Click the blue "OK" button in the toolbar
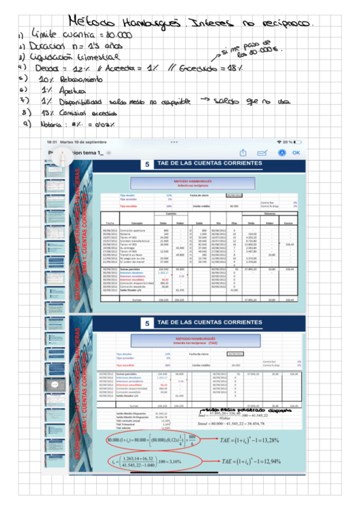[296, 153]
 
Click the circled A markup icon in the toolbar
[281, 153]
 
